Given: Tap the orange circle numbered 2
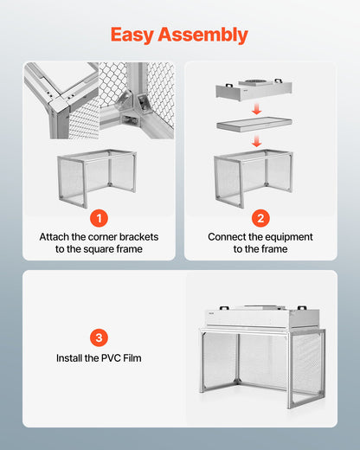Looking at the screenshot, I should coord(260,218).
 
